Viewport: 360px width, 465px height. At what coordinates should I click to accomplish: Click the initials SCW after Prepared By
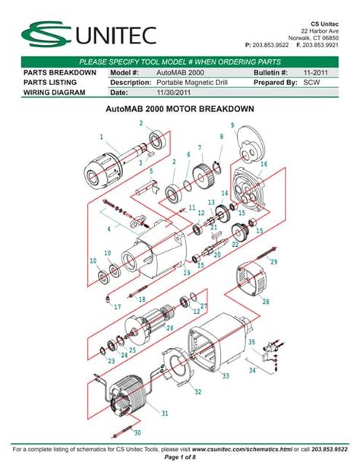[x=311, y=82]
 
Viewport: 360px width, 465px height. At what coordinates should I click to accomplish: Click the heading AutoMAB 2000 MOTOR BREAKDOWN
[x=178, y=109]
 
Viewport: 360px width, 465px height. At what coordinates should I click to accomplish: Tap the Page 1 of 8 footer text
[x=179, y=458]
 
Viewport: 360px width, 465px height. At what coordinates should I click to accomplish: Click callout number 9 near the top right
[x=232, y=125]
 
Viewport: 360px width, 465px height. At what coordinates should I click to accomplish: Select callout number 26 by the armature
[x=169, y=328]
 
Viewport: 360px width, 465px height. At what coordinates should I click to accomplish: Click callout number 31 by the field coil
[x=164, y=413]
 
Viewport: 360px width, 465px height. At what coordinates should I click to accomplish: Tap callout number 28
[x=265, y=302]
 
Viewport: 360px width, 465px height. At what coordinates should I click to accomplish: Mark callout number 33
[x=225, y=376]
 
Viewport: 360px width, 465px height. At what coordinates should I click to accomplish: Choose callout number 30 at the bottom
[x=137, y=433]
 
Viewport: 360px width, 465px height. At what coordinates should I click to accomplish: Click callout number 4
[x=109, y=228]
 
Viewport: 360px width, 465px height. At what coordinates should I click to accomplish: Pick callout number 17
[x=117, y=307]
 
